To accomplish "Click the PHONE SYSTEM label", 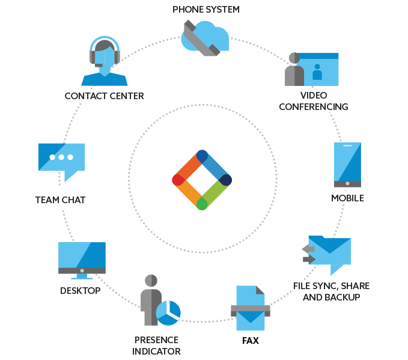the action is (x=206, y=10).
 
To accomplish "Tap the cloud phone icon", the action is (x=205, y=38).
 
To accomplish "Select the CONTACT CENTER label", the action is (x=104, y=96).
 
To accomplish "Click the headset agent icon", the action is (x=105, y=61).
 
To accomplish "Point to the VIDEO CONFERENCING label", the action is (x=314, y=101).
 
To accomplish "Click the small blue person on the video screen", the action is (x=317, y=72).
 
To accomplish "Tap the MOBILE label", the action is (x=347, y=198).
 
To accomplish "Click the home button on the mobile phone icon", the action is (x=347, y=183).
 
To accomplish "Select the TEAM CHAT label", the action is (x=60, y=200).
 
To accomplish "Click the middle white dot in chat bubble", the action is (x=61, y=157).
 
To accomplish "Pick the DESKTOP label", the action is (x=80, y=291).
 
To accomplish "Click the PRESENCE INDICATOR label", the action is (x=156, y=346).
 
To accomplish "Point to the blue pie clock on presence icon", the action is (x=168, y=313).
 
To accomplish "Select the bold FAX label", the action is (x=251, y=341).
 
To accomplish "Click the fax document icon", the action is (x=251, y=308).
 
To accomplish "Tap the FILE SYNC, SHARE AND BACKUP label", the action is (x=331, y=291).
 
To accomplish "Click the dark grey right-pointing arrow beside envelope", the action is (x=309, y=259).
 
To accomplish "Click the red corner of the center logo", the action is (x=178, y=180).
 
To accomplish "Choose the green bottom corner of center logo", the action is (x=202, y=204).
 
